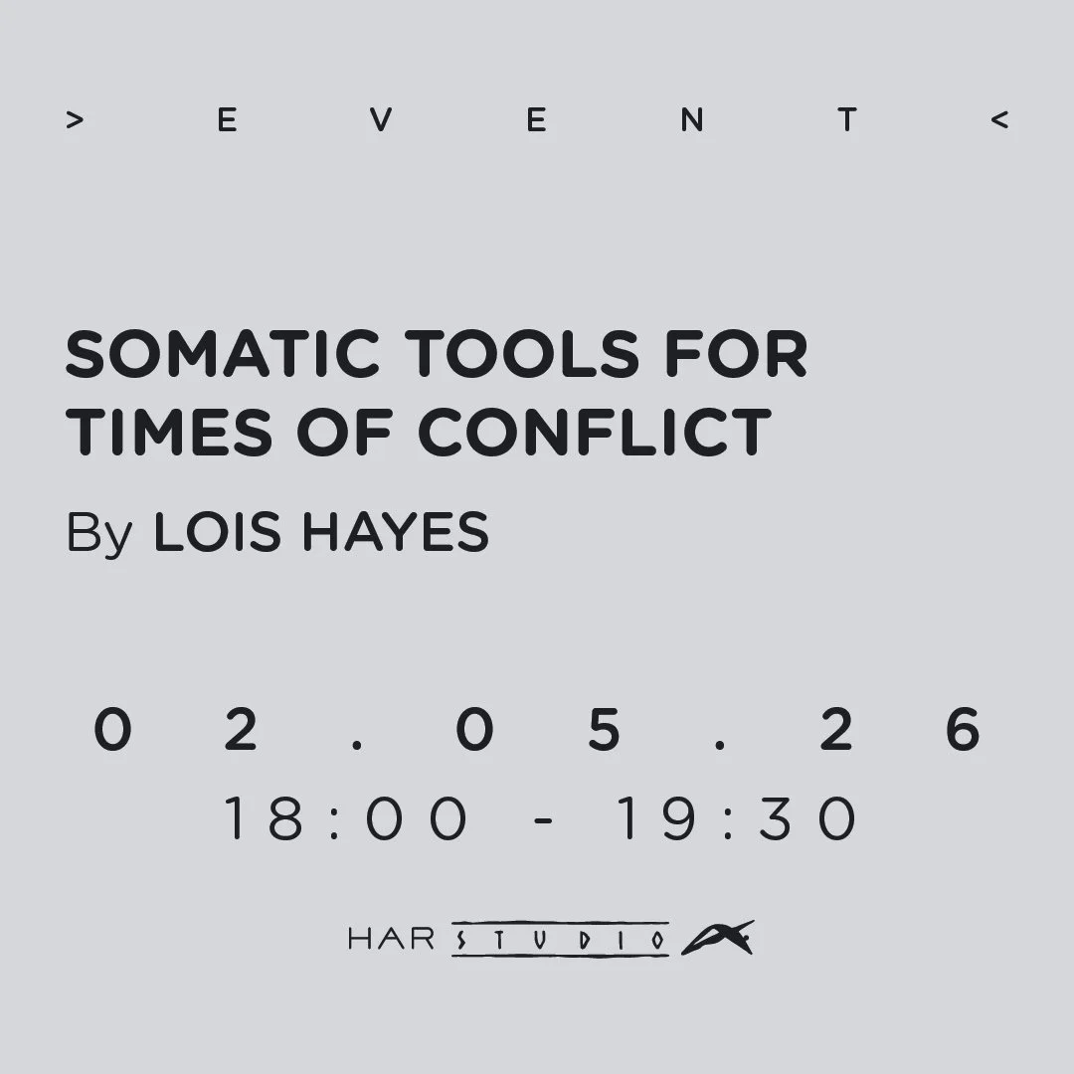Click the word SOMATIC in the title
coord(222,354)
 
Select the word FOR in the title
coord(735,354)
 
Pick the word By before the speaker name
coord(98,533)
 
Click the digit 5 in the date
coord(604,731)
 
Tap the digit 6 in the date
coord(962,731)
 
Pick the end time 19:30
coord(735,820)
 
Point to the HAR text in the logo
coord(392,939)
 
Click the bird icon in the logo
coord(717,938)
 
